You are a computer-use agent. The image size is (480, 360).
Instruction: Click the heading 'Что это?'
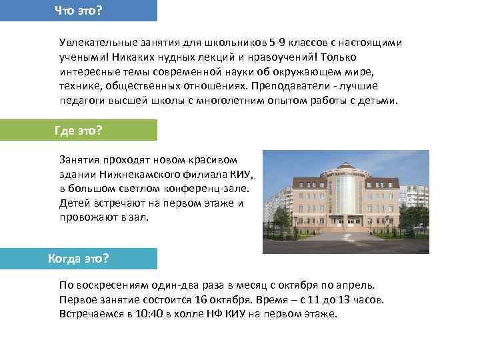[83, 10]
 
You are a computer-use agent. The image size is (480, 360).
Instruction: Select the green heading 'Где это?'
[78, 130]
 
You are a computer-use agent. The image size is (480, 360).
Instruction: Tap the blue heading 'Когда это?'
[79, 258]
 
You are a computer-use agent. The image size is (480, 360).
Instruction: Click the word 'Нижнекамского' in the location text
[138, 175]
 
